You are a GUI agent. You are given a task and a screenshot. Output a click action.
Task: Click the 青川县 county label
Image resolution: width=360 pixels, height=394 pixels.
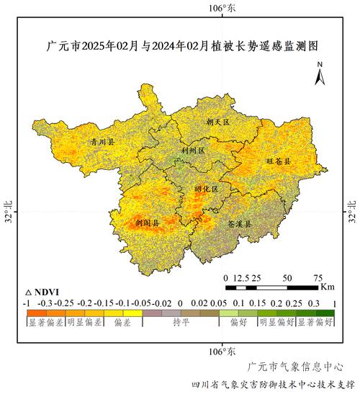tap(102, 143)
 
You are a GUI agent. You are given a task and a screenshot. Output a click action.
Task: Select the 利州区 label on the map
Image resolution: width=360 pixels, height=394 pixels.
tap(193, 151)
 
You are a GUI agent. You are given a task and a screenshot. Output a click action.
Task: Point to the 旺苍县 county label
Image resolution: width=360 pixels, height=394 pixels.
tap(279, 161)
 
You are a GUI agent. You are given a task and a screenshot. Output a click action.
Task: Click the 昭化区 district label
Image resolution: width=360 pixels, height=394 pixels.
tap(205, 189)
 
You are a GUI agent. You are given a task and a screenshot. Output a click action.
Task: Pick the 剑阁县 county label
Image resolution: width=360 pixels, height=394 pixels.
tap(147, 224)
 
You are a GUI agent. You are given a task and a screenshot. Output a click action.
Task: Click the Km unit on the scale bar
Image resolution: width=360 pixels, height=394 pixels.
tap(328, 287)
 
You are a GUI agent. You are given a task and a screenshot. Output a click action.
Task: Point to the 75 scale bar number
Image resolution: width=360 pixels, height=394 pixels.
tap(318, 277)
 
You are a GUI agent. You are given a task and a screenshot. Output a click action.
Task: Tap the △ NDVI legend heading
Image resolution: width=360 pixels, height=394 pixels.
tap(42, 293)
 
